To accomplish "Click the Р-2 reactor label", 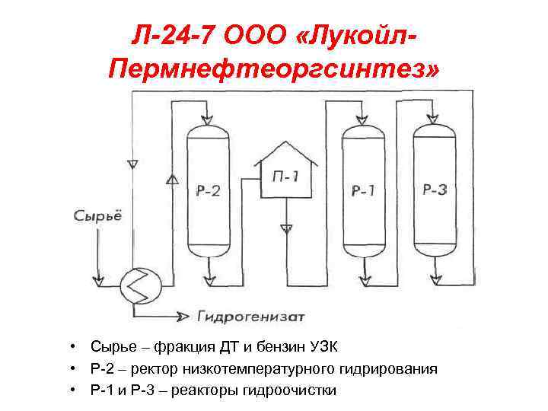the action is pyautogui.click(x=207, y=190).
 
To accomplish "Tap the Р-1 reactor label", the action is pyautogui.click(x=362, y=190).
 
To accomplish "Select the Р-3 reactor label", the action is pyautogui.click(x=435, y=189).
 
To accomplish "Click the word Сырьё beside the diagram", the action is pyautogui.click(x=97, y=215).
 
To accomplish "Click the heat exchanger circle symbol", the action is pyautogui.click(x=138, y=288).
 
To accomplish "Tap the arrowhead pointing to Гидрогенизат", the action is pyautogui.click(x=185, y=314).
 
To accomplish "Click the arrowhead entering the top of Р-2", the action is pyautogui.click(x=207, y=119).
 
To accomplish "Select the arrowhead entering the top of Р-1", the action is pyautogui.click(x=362, y=119).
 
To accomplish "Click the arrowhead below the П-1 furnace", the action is pyautogui.click(x=286, y=228).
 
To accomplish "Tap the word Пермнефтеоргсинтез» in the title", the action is pyautogui.click(x=274, y=70).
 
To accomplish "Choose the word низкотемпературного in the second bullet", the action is pyautogui.click(x=265, y=370).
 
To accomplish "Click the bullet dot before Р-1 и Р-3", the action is pyautogui.click(x=70, y=390).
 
